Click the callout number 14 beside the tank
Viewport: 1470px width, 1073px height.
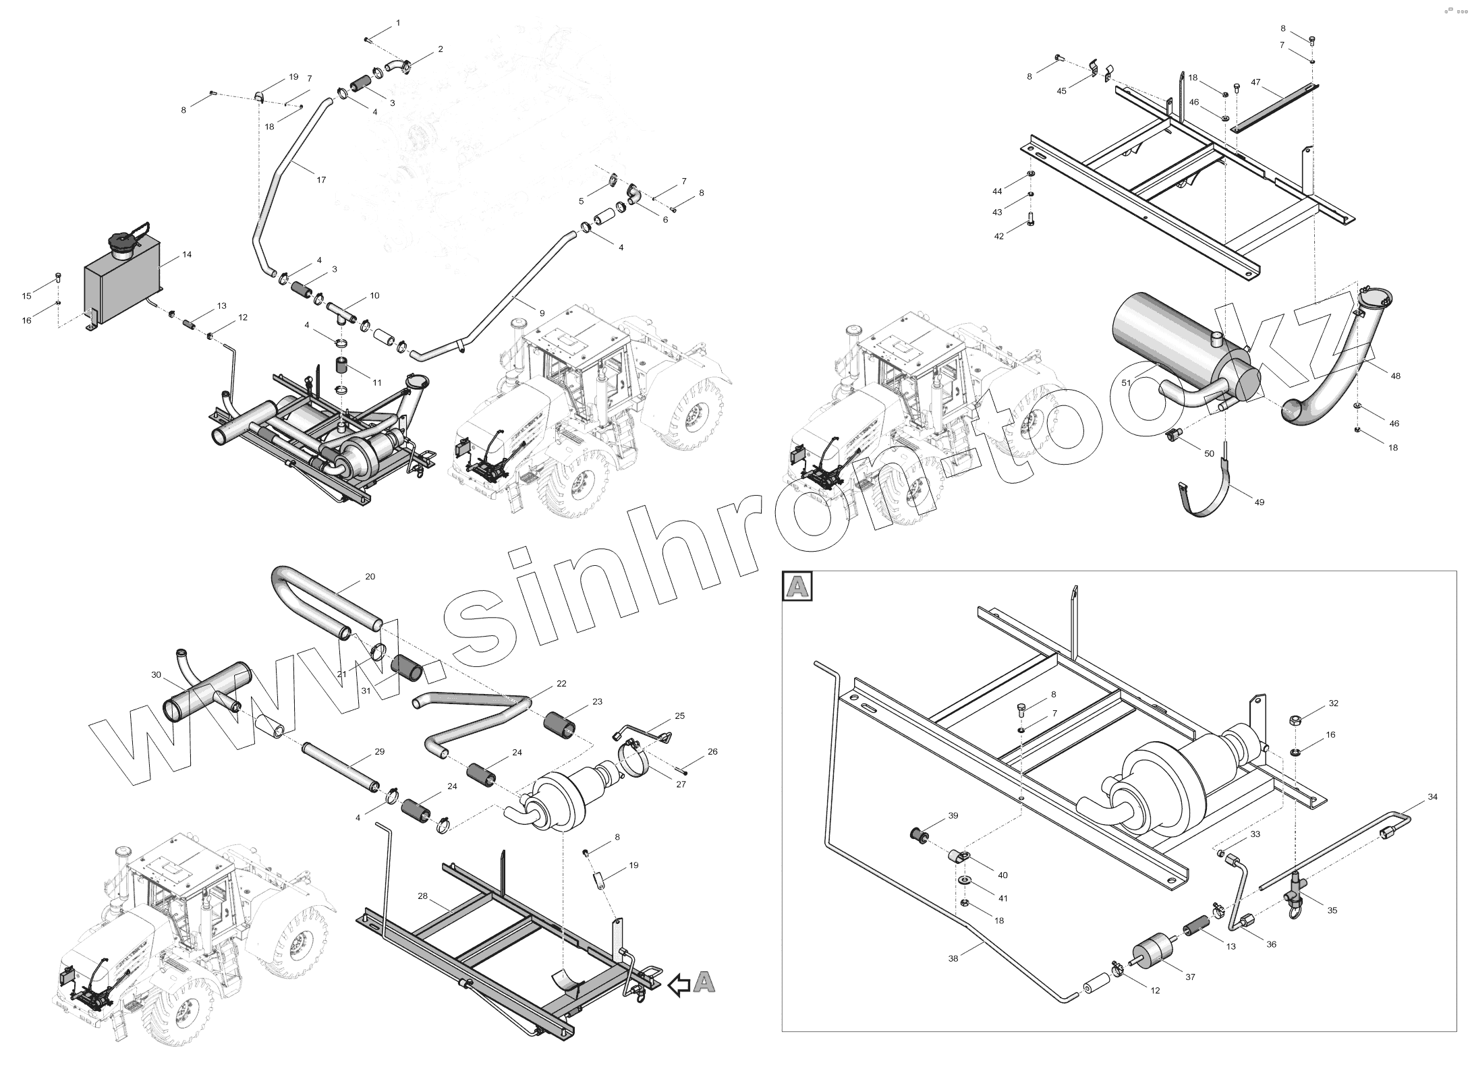(x=187, y=254)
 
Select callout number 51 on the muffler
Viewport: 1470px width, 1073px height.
(x=1126, y=382)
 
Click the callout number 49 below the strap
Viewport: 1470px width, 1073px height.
(x=1259, y=502)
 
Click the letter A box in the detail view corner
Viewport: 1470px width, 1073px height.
(x=797, y=587)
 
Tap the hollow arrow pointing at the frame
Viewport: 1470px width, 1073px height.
(x=679, y=986)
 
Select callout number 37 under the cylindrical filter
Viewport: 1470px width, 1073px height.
(x=1190, y=977)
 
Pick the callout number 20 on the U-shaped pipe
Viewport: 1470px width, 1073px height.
(x=370, y=577)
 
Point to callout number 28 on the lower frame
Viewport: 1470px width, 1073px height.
(x=423, y=896)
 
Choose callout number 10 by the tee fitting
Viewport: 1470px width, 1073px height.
(x=374, y=295)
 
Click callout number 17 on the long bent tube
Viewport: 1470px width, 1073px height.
(x=321, y=180)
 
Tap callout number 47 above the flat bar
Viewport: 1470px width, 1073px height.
(x=1255, y=82)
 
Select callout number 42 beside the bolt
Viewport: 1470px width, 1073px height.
(x=999, y=236)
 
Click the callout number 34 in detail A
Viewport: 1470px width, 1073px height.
(x=1432, y=796)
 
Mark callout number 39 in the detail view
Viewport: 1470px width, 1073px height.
(x=953, y=815)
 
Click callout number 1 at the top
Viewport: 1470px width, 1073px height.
(x=398, y=23)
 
